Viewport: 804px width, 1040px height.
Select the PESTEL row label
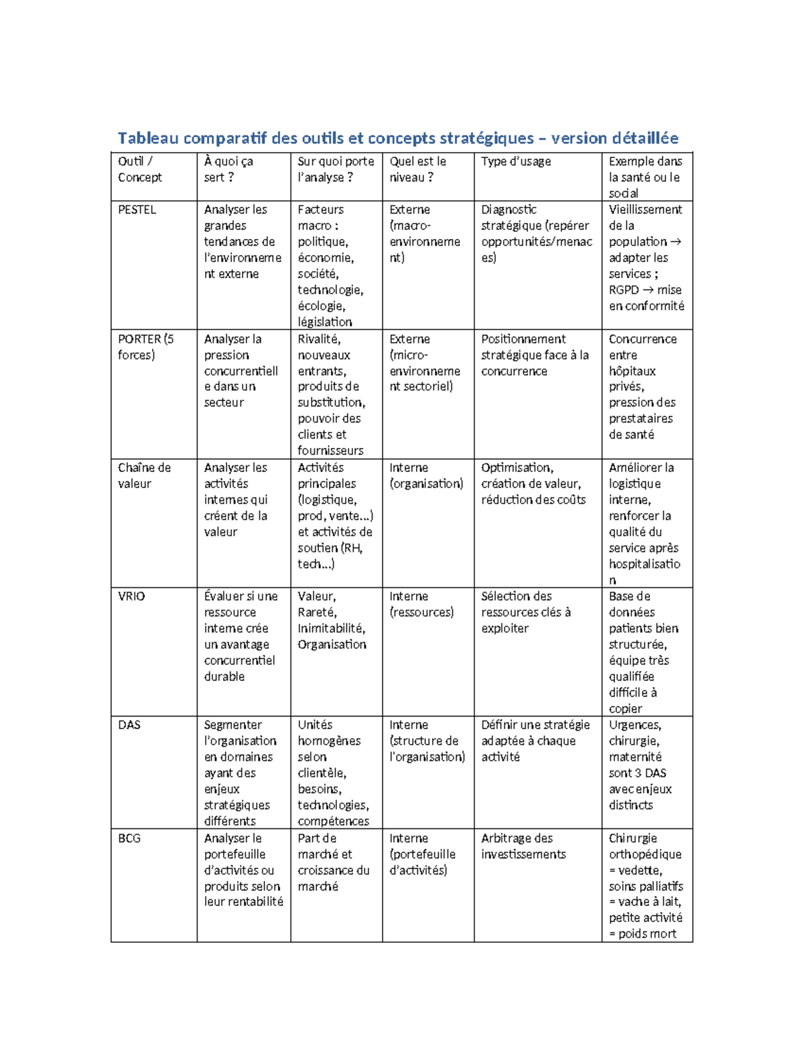137,210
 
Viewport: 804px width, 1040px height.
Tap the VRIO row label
131,596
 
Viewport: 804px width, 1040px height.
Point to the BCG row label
129,838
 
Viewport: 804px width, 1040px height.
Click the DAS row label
129,725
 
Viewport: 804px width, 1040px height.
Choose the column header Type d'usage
516,161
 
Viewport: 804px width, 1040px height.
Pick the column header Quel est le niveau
417,169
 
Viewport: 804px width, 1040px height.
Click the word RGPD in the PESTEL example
624,290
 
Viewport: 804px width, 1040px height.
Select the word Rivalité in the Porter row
319,339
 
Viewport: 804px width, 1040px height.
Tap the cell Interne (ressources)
421,604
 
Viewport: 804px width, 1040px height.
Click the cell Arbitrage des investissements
523,846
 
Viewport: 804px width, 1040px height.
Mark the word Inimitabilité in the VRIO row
331,628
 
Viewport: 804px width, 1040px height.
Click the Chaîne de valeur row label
144,475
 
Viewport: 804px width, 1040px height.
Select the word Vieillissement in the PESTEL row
645,210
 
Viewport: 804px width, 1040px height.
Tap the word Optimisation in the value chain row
517,467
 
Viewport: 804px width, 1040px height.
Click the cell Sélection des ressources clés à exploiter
526,612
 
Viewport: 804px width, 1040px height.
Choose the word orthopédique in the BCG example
645,854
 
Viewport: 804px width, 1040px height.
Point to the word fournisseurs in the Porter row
330,451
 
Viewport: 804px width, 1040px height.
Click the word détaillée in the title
645,138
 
